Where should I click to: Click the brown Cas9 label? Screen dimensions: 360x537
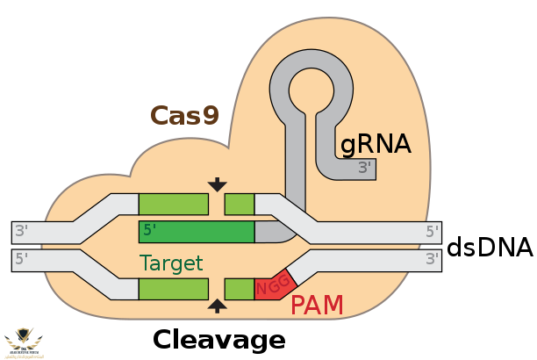pyautogui.click(x=184, y=116)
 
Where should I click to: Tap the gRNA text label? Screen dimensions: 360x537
pyautogui.click(x=376, y=144)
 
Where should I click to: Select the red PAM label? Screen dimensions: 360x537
pyautogui.click(x=317, y=306)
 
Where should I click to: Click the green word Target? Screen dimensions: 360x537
pyautogui.click(x=171, y=263)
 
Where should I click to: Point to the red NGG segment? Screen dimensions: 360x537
pyautogui.click(x=274, y=284)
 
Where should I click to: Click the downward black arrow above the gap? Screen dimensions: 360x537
pyautogui.click(x=217, y=184)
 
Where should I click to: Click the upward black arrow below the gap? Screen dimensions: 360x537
pyautogui.click(x=217, y=306)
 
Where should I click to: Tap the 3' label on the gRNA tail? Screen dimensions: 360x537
pyautogui.click(x=365, y=168)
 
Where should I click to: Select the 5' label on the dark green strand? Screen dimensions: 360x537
pyautogui.click(x=150, y=231)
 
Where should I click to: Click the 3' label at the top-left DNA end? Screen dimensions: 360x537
pyautogui.click(x=21, y=232)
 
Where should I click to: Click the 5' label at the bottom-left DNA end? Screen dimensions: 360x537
pyautogui.click(x=21, y=259)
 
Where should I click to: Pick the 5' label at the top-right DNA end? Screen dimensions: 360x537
pyautogui.click(x=432, y=232)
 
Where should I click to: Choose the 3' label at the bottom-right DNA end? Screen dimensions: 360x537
pyautogui.click(x=432, y=259)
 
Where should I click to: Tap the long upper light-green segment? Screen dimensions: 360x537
pyautogui.click(x=173, y=205)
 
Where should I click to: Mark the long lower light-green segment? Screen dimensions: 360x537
pyautogui.click(x=173, y=289)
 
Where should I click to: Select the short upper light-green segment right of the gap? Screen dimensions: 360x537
pyautogui.click(x=240, y=205)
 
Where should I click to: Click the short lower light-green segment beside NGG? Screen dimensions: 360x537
pyautogui.click(x=239, y=289)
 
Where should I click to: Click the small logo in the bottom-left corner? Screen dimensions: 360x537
pyautogui.click(x=24, y=342)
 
